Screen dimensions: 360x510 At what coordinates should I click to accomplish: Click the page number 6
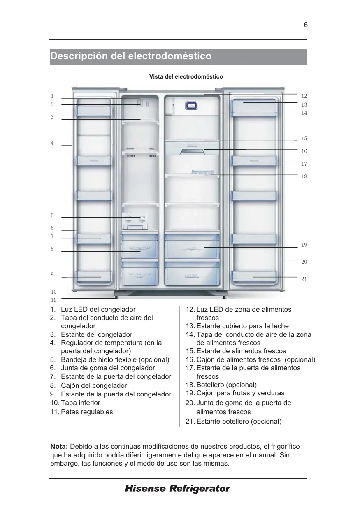pyautogui.click(x=306, y=25)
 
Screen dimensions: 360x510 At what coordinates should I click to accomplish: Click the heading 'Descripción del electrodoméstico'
pyautogui.click(x=131, y=56)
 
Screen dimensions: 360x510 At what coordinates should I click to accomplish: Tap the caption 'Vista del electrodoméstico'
pyautogui.click(x=186, y=77)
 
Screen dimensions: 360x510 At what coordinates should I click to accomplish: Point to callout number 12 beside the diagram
pyautogui.click(x=304, y=96)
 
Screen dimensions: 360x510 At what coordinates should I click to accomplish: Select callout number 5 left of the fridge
pyautogui.click(x=52, y=215)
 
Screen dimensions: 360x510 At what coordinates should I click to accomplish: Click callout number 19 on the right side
pyautogui.click(x=304, y=245)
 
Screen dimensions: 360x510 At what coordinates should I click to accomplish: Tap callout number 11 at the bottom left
pyautogui.click(x=53, y=300)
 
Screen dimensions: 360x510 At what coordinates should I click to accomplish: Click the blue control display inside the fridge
pyautogui.click(x=192, y=106)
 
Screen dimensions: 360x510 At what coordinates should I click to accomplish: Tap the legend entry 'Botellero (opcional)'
pyautogui.click(x=226, y=385)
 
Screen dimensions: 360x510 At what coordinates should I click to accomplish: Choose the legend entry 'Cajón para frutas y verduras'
pyautogui.click(x=240, y=393)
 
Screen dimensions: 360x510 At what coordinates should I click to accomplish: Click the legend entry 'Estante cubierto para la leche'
pyautogui.click(x=242, y=326)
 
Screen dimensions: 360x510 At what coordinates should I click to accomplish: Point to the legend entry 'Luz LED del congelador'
pyautogui.click(x=98, y=309)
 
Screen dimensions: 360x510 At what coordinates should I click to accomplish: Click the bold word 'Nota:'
pyautogui.click(x=59, y=447)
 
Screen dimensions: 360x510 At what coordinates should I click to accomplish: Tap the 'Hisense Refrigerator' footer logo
pyautogui.click(x=177, y=489)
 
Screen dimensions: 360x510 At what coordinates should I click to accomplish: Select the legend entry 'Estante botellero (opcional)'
pyautogui.click(x=239, y=421)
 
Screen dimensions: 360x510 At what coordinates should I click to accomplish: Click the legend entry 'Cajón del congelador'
pyautogui.click(x=94, y=386)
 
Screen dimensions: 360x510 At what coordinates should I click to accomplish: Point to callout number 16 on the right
pyautogui.click(x=304, y=151)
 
